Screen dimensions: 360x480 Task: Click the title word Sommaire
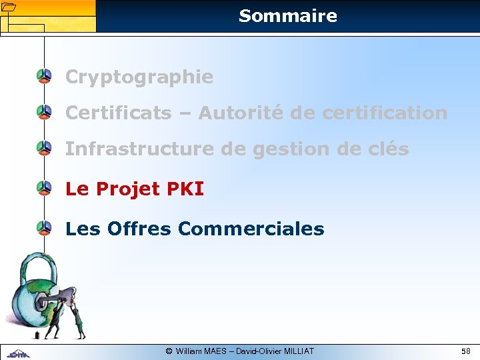coord(287,16)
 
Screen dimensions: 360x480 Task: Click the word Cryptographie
coord(139,77)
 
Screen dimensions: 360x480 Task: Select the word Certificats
coord(118,113)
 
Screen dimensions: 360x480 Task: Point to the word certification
coord(385,113)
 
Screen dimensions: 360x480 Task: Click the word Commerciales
coord(251,229)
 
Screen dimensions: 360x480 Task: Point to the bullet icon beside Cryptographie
coord(44,77)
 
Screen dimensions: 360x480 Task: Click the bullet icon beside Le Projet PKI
coord(44,189)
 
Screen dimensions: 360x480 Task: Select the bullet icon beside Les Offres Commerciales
coord(44,229)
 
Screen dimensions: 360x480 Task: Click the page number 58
coord(465,351)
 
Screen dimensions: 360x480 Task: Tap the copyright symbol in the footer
coord(169,351)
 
